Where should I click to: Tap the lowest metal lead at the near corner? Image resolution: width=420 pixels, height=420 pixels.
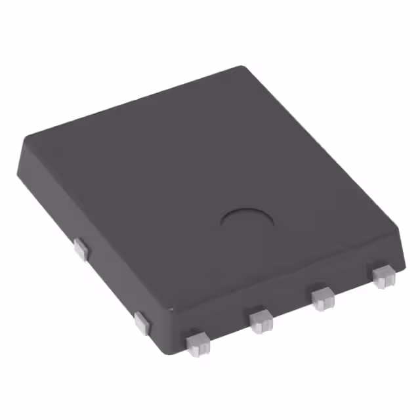[x=196, y=343]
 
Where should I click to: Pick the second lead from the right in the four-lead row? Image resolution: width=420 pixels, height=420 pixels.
[x=322, y=298]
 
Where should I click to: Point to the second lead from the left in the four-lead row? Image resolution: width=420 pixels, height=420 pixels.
[x=261, y=320]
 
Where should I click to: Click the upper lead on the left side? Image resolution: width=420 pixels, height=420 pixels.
[x=81, y=248]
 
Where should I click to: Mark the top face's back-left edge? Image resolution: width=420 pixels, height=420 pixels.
[x=131, y=102]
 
